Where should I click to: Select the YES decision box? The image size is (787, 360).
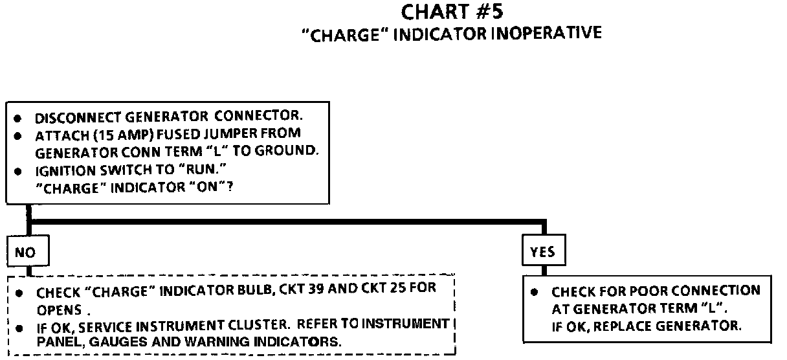[x=542, y=252]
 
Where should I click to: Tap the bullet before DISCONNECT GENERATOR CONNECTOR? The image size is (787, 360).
[x=19, y=119]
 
